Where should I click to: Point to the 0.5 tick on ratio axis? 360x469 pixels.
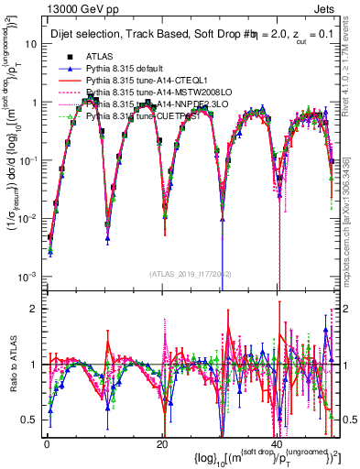[x=28, y=420]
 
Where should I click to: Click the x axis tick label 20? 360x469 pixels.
[x=162, y=443]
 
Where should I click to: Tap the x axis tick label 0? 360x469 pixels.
[x=46, y=443]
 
